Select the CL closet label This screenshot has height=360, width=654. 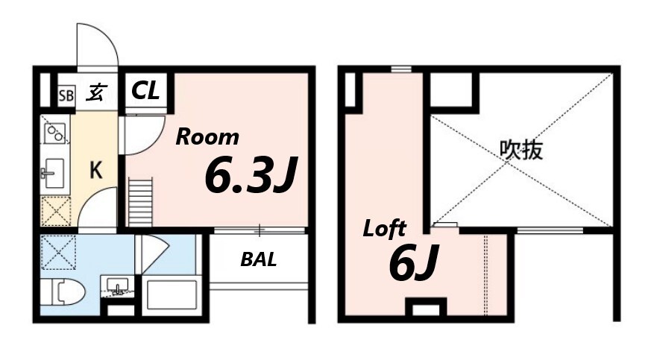click(x=145, y=92)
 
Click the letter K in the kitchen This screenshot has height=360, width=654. click(x=96, y=171)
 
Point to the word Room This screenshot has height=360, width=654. click(x=207, y=137)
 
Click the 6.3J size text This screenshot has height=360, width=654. click(x=251, y=176)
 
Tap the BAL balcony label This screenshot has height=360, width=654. click(x=258, y=260)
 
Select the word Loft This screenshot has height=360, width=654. click(x=384, y=229)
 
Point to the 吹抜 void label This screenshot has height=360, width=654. click(x=521, y=151)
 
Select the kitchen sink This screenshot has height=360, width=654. click(x=54, y=176)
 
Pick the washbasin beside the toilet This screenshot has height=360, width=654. click(x=117, y=285)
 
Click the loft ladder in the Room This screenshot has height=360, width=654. click(x=139, y=200)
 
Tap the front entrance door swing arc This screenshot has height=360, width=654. click(x=97, y=46)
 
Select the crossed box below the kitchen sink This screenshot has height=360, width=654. click(x=55, y=212)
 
